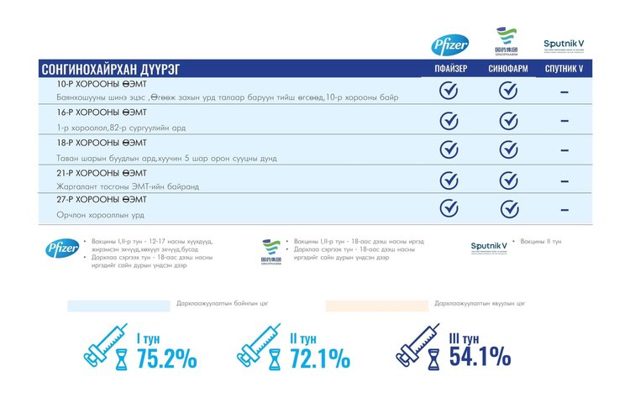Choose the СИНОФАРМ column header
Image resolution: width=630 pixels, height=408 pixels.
coord(508,69)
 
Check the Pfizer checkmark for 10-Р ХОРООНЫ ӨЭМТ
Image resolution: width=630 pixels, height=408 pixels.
coord(449,91)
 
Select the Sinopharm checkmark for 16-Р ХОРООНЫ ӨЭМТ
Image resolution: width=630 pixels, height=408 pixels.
coord(508,120)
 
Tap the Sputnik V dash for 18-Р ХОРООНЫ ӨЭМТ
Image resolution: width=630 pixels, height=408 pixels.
coord(564,150)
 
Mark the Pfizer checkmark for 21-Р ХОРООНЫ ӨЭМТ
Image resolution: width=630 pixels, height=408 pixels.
coord(449,180)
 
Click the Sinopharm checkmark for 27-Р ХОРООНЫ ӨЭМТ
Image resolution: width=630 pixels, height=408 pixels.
coord(508,208)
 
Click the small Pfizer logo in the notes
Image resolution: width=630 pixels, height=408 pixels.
coord(62,248)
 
